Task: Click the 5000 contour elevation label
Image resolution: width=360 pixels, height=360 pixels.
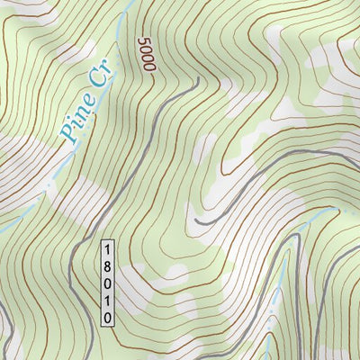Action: (x=148, y=57)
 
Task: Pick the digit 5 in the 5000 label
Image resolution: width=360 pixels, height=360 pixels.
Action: (x=147, y=41)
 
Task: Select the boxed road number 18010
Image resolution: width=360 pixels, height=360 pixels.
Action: (x=107, y=282)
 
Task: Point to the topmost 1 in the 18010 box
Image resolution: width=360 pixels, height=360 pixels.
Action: (x=107, y=248)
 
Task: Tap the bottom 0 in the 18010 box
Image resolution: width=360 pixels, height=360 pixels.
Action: (x=107, y=317)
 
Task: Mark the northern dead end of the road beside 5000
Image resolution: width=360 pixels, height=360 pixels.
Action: (x=197, y=79)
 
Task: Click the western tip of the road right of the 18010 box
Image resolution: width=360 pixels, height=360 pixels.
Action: (x=197, y=220)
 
